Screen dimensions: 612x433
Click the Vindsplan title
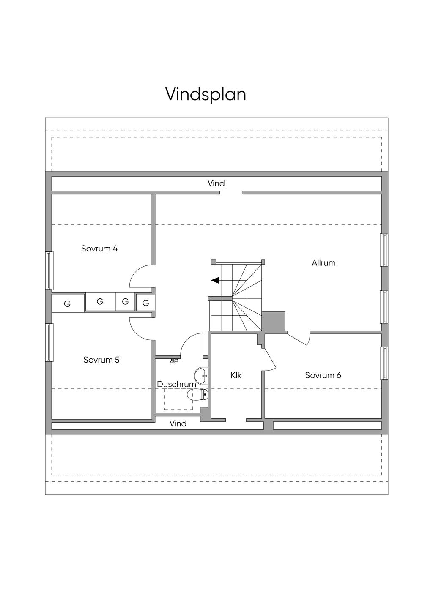click(x=206, y=94)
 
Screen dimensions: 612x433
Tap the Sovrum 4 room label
click(x=99, y=249)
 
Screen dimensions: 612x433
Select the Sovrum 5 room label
click(x=101, y=360)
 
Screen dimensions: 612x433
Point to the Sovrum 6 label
click(x=323, y=375)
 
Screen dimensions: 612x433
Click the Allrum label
click(x=323, y=263)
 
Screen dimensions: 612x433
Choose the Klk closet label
click(x=236, y=375)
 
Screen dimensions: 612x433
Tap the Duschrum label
click(x=176, y=384)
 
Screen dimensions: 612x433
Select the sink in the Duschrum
click(x=200, y=374)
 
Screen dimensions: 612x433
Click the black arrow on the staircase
click(x=215, y=280)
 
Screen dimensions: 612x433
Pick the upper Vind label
click(x=216, y=183)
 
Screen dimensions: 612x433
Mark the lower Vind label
click(x=178, y=423)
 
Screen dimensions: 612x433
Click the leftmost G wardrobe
click(x=67, y=303)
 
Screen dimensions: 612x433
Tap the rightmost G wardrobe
click(x=146, y=303)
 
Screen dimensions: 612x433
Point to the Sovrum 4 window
click(x=49, y=270)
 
